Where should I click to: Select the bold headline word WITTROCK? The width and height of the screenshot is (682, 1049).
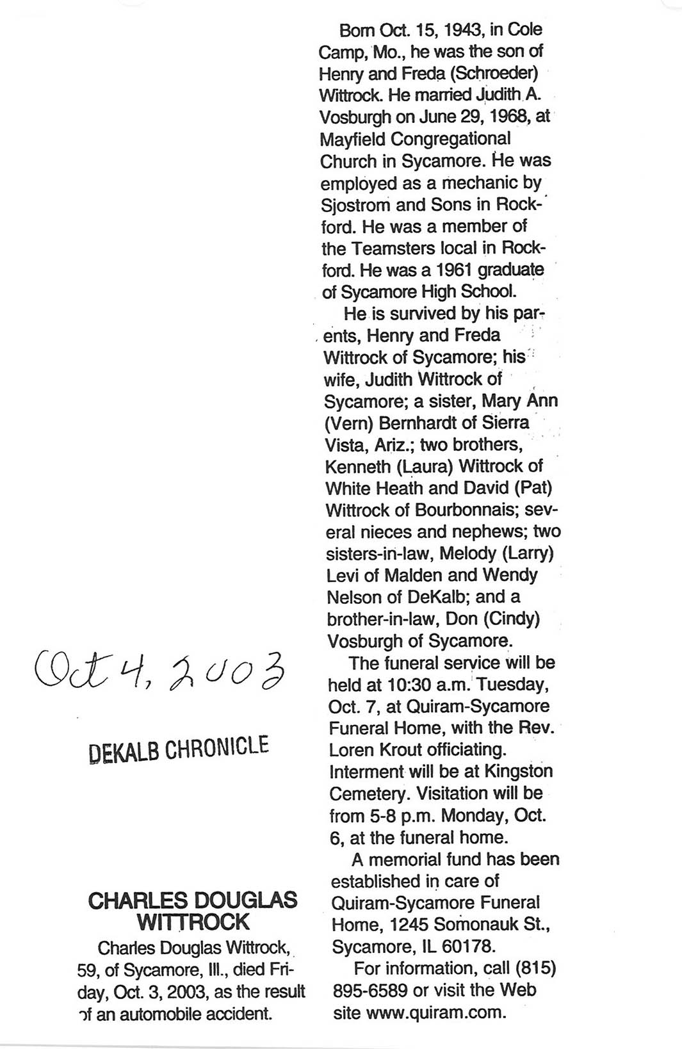pyautogui.click(x=193, y=922)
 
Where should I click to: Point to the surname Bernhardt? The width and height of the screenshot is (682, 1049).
pyautogui.click(x=421, y=423)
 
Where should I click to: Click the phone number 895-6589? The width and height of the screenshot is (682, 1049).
pyautogui.click(x=370, y=991)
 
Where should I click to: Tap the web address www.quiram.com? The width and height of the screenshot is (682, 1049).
pyautogui.click(x=436, y=1013)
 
